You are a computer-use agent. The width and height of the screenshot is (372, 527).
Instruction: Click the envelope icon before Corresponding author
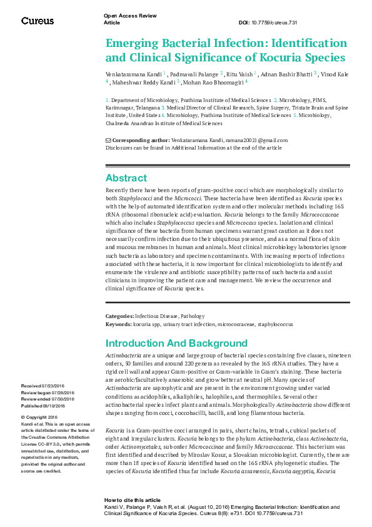pos(108,140)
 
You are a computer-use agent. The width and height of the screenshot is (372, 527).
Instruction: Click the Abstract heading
pos(126,178)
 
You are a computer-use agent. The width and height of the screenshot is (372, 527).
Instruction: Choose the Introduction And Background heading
pos(176,344)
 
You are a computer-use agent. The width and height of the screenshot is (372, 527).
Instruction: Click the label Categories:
pos(119,317)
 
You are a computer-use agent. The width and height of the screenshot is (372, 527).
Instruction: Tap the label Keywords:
pos(118,325)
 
